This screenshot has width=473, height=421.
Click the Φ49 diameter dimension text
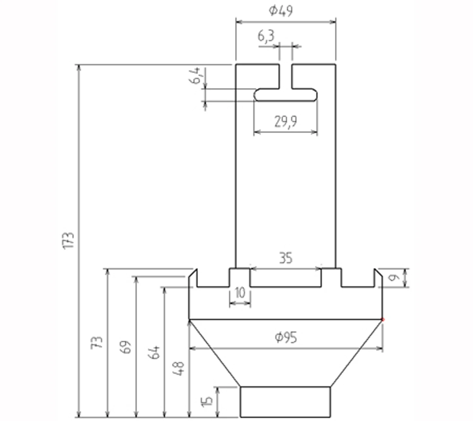click(280, 10)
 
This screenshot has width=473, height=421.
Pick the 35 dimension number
click(286, 258)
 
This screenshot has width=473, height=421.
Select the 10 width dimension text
click(240, 293)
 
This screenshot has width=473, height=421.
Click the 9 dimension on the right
click(394, 278)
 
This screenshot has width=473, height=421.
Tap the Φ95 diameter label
click(286, 338)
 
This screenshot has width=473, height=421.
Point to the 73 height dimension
click(97, 342)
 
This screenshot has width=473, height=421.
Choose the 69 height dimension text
click(126, 347)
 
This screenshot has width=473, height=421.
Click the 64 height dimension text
click(154, 352)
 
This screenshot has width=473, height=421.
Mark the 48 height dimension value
click(178, 368)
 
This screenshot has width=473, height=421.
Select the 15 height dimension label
click(207, 401)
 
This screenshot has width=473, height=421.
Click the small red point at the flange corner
click(383, 320)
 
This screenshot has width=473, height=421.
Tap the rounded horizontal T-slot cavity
click(285, 95)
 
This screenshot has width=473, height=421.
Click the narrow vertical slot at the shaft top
click(285, 76)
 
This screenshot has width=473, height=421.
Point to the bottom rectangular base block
click(285, 402)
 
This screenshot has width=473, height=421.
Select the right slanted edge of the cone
click(356, 353)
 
